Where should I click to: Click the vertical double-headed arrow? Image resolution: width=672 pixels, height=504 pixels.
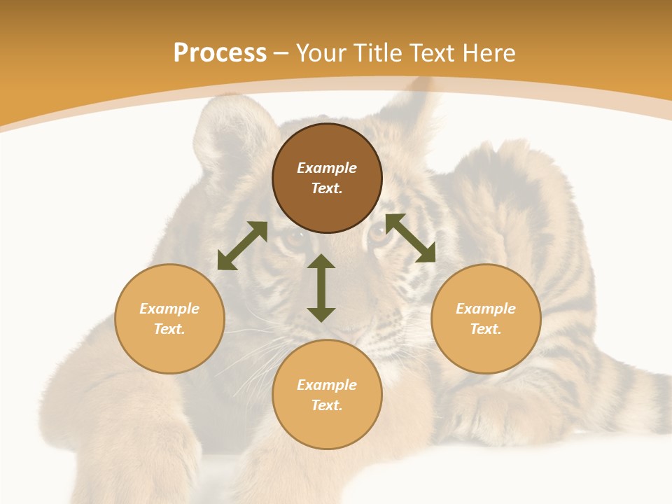click(321, 288)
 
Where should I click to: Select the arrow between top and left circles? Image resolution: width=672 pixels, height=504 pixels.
click(242, 246)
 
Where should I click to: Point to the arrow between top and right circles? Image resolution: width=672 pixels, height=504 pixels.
click(410, 238)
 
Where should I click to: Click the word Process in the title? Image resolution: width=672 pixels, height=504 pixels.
click(220, 53)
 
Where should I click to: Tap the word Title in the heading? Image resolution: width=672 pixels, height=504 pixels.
click(379, 53)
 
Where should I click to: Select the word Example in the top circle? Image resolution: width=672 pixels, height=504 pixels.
click(327, 168)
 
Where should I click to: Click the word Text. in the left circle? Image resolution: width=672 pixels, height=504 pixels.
click(169, 329)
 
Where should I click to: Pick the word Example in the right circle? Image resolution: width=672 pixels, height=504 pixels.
click(486, 309)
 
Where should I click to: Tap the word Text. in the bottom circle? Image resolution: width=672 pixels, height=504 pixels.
click(327, 405)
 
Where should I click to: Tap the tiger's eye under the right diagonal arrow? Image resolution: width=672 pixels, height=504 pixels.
click(379, 234)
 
